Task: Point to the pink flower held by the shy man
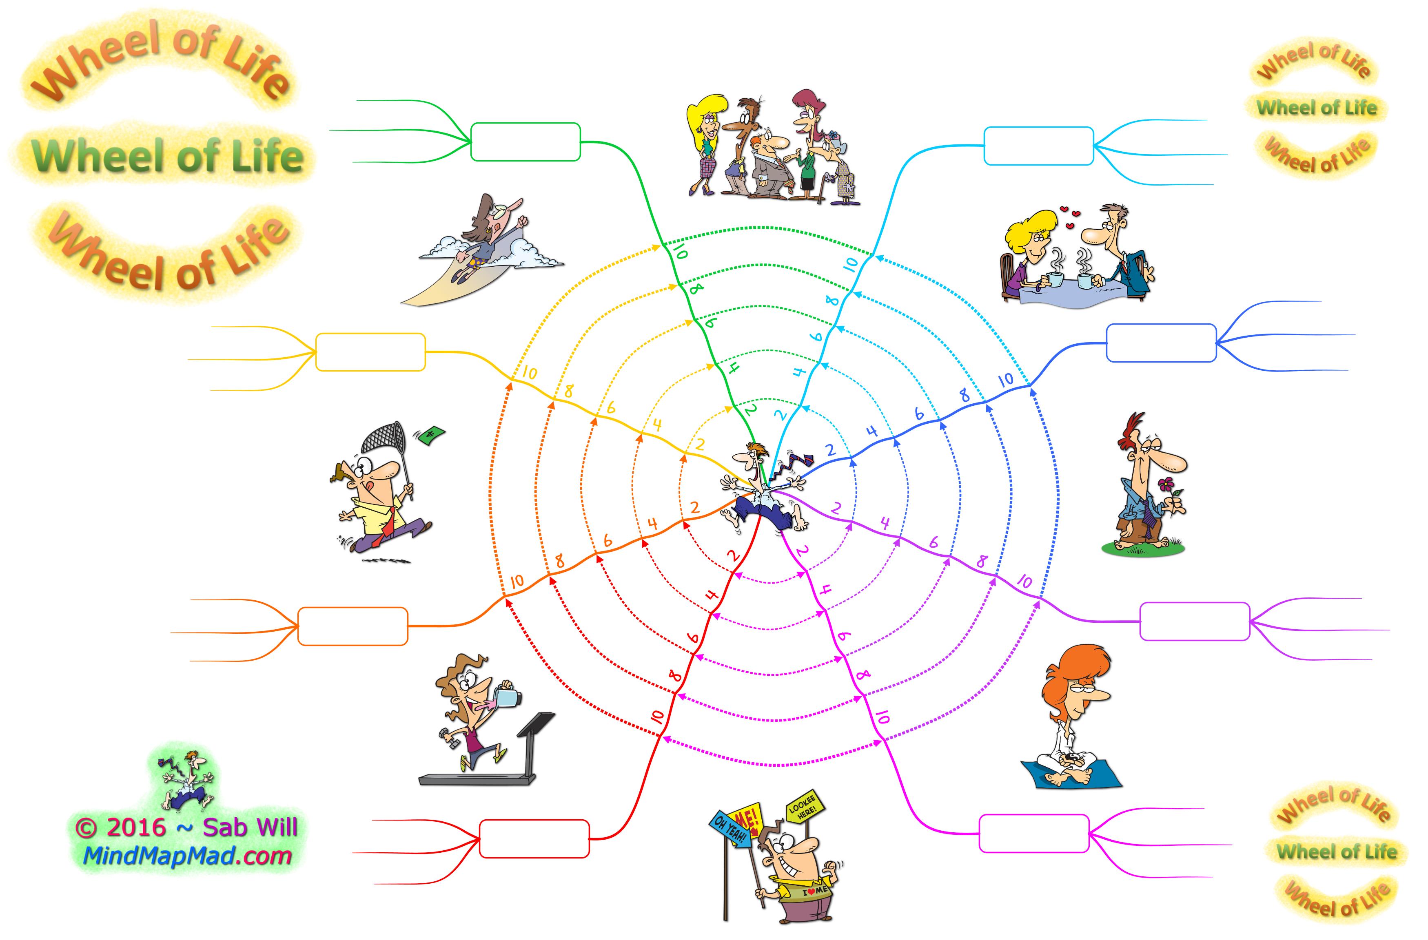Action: (x=1166, y=484)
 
